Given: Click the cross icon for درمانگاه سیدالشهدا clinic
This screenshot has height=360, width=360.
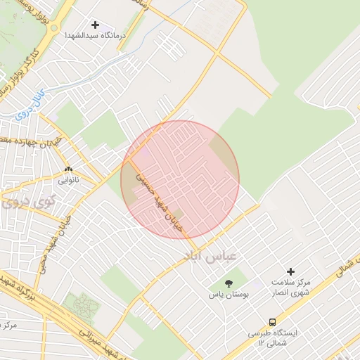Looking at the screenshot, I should coord(95,25).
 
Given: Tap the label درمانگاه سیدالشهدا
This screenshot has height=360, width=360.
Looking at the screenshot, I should coord(95,34).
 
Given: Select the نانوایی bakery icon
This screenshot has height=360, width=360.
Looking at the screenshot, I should coord(69,169).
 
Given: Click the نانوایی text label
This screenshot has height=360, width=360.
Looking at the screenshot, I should coord(68,180).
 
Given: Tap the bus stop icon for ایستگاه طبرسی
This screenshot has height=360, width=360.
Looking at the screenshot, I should coord(272,322).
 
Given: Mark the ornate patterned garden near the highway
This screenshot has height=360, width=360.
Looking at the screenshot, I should coord(80,305).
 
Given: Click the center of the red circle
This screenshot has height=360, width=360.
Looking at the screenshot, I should coord(180,179).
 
